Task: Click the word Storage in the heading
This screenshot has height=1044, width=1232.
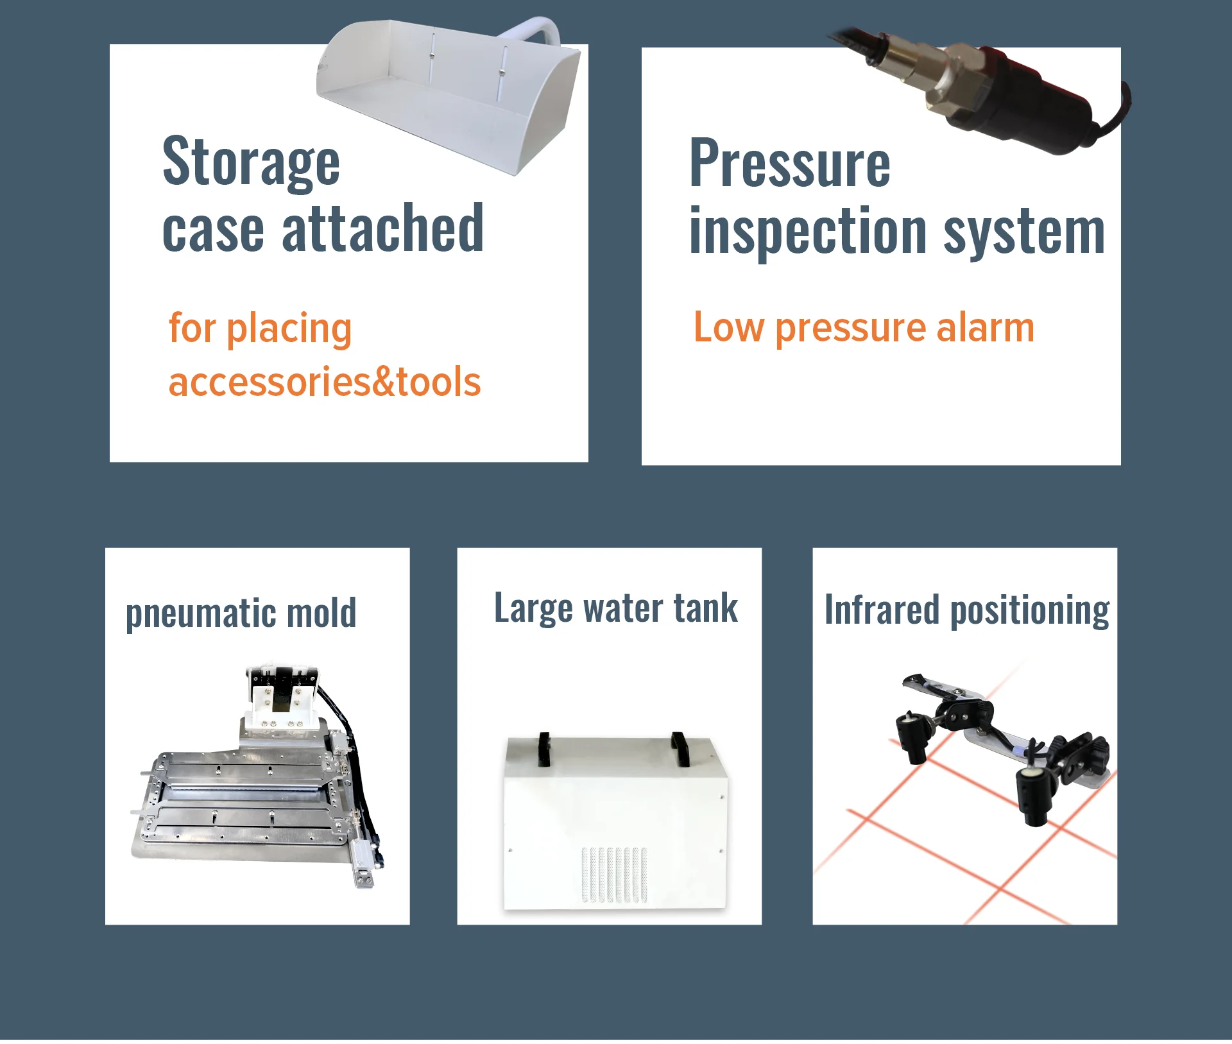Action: click(x=251, y=163)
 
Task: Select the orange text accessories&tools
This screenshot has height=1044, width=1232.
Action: click(x=325, y=382)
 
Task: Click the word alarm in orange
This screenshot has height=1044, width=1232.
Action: click(x=986, y=327)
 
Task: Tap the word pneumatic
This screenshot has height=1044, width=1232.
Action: click(x=201, y=614)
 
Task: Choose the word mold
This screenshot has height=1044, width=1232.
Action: click(x=321, y=612)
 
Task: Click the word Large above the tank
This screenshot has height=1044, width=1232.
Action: click(x=533, y=608)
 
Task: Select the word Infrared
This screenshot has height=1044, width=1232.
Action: click(x=882, y=609)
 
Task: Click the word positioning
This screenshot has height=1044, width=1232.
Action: click(x=1030, y=611)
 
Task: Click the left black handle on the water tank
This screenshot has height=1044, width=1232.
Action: click(x=544, y=749)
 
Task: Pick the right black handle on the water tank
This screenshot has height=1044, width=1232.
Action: click(x=680, y=749)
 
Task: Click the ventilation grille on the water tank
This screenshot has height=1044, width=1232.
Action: click(x=614, y=875)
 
